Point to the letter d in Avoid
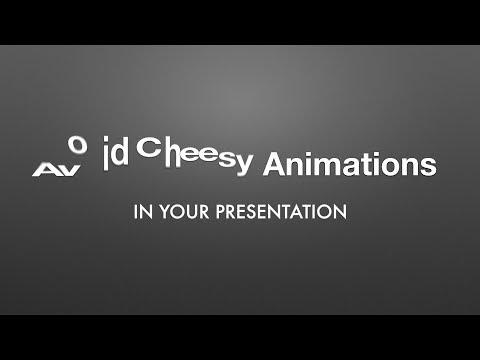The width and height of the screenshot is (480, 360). click(x=121, y=156)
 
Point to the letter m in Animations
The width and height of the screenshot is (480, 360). click(x=323, y=165)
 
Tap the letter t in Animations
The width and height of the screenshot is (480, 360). click(x=363, y=164)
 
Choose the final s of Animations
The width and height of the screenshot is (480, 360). click(x=427, y=166)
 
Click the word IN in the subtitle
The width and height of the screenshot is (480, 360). click(x=141, y=212)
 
